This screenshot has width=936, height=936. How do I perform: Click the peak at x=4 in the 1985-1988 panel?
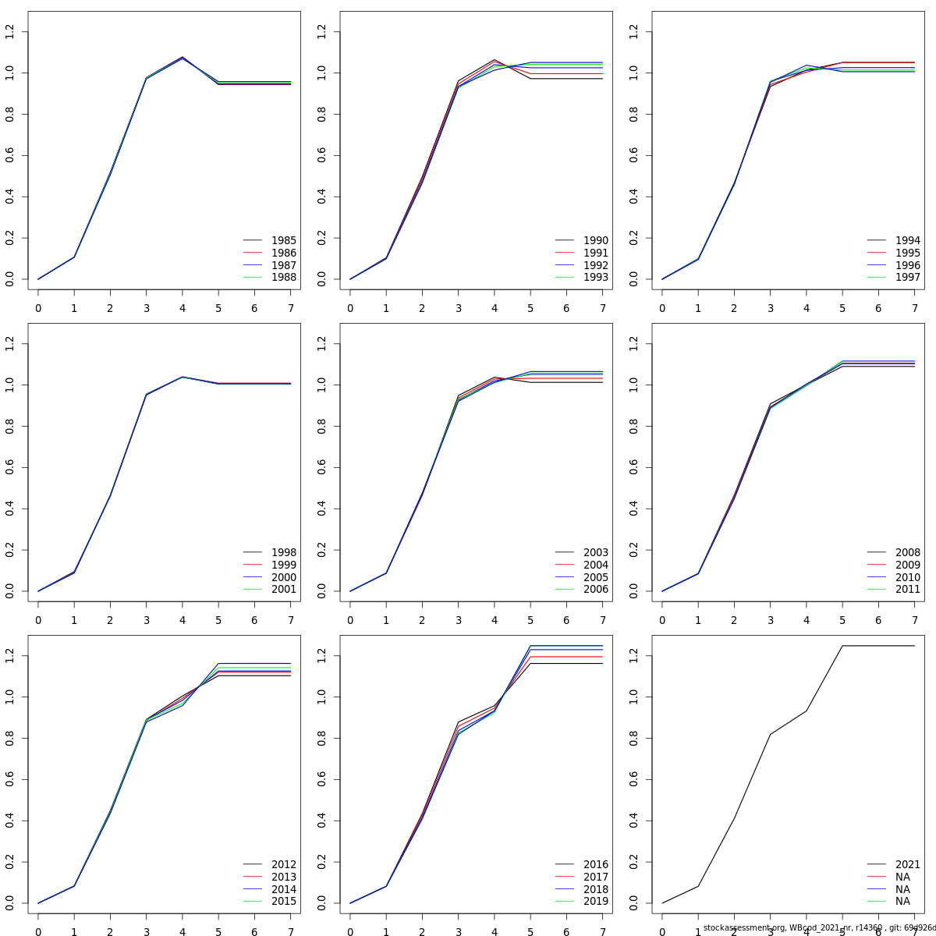(183, 57)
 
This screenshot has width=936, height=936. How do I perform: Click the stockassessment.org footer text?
(819, 928)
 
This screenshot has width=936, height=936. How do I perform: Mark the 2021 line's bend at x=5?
(842, 646)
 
